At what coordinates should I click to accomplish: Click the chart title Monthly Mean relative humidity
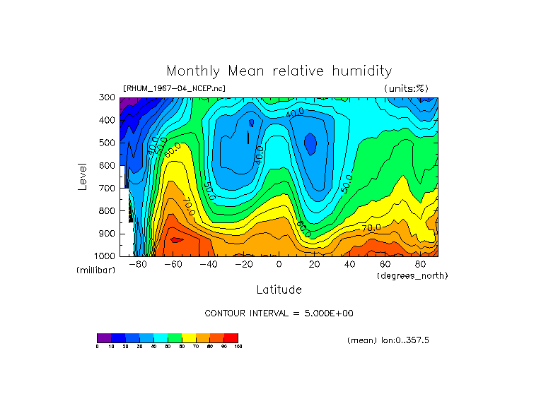point(279,71)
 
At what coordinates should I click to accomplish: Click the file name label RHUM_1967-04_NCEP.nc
point(174,89)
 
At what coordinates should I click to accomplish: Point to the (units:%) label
point(406,89)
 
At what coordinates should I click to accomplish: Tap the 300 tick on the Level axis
point(107,97)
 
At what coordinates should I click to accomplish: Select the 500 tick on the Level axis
point(107,143)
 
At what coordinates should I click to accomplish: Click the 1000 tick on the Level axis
point(105,256)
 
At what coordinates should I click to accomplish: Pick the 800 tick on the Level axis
point(107,210)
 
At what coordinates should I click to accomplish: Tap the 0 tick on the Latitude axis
point(279,264)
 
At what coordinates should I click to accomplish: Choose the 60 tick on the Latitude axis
point(385,264)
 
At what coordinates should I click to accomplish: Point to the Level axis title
point(83,176)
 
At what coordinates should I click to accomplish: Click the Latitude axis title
point(279,289)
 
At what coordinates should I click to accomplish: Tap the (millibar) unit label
point(95,270)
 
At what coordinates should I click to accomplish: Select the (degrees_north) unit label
point(412,275)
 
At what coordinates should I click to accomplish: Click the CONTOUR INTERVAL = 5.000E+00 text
point(279,313)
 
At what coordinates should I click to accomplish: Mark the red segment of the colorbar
point(231,338)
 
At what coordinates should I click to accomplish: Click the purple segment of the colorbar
point(104,338)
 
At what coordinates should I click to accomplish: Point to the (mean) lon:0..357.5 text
point(388,340)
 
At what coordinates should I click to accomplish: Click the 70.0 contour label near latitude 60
point(371,227)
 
